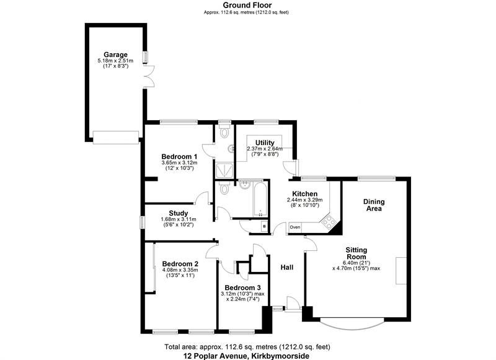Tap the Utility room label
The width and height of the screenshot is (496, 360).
265,143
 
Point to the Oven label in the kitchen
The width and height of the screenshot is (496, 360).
294,227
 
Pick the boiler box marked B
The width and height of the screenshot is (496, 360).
264,227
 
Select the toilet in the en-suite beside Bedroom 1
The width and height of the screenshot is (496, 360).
224,133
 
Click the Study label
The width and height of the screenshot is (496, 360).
179,212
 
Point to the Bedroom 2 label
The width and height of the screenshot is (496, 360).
179,263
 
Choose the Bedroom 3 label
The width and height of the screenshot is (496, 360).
239,287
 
